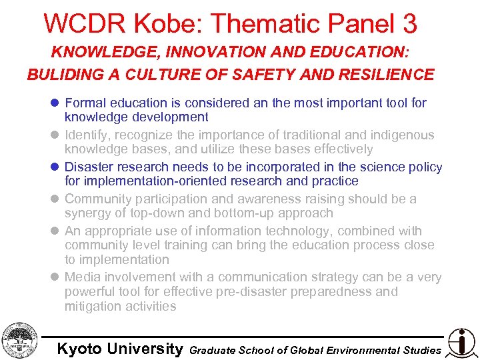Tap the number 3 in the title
click(409, 24)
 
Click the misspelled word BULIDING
click(60, 75)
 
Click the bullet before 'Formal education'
click(55, 103)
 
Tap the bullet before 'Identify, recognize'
click(55, 135)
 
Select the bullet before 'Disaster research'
click(55, 167)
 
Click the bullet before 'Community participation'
click(55, 199)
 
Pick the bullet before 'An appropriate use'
click(55, 231)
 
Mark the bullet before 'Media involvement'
click(55, 277)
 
